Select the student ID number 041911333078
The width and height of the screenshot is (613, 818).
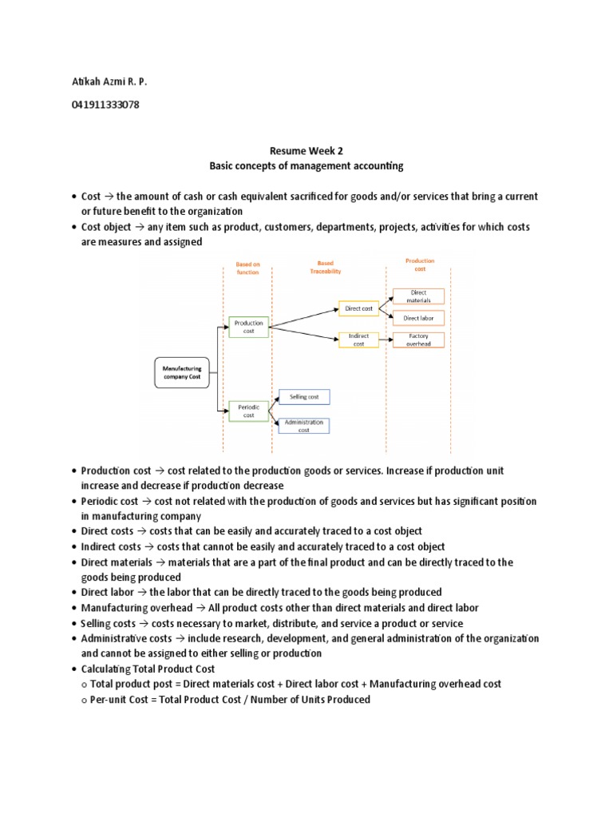tap(105, 105)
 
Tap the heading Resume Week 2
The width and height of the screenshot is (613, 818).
tap(306, 151)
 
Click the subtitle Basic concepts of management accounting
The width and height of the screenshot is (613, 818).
tap(306, 166)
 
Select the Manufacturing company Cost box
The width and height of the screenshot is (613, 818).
tap(182, 372)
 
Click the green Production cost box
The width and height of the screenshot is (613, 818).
tap(248, 327)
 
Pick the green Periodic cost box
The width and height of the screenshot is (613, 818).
tap(248, 411)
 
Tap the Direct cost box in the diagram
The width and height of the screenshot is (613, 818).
tap(358, 308)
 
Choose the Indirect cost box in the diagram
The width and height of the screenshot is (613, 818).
tap(358, 340)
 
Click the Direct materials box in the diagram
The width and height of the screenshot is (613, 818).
tap(419, 296)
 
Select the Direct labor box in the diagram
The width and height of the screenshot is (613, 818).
tap(419, 318)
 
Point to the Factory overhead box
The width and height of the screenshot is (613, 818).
tap(419, 340)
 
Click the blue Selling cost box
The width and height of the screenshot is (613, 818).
tap(303, 396)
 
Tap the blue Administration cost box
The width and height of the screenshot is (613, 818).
tap(303, 426)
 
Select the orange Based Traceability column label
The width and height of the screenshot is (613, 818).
tap(325, 268)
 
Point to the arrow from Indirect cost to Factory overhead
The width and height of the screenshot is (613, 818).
tap(386, 340)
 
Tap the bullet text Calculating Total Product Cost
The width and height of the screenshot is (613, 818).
tap(148, 669)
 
